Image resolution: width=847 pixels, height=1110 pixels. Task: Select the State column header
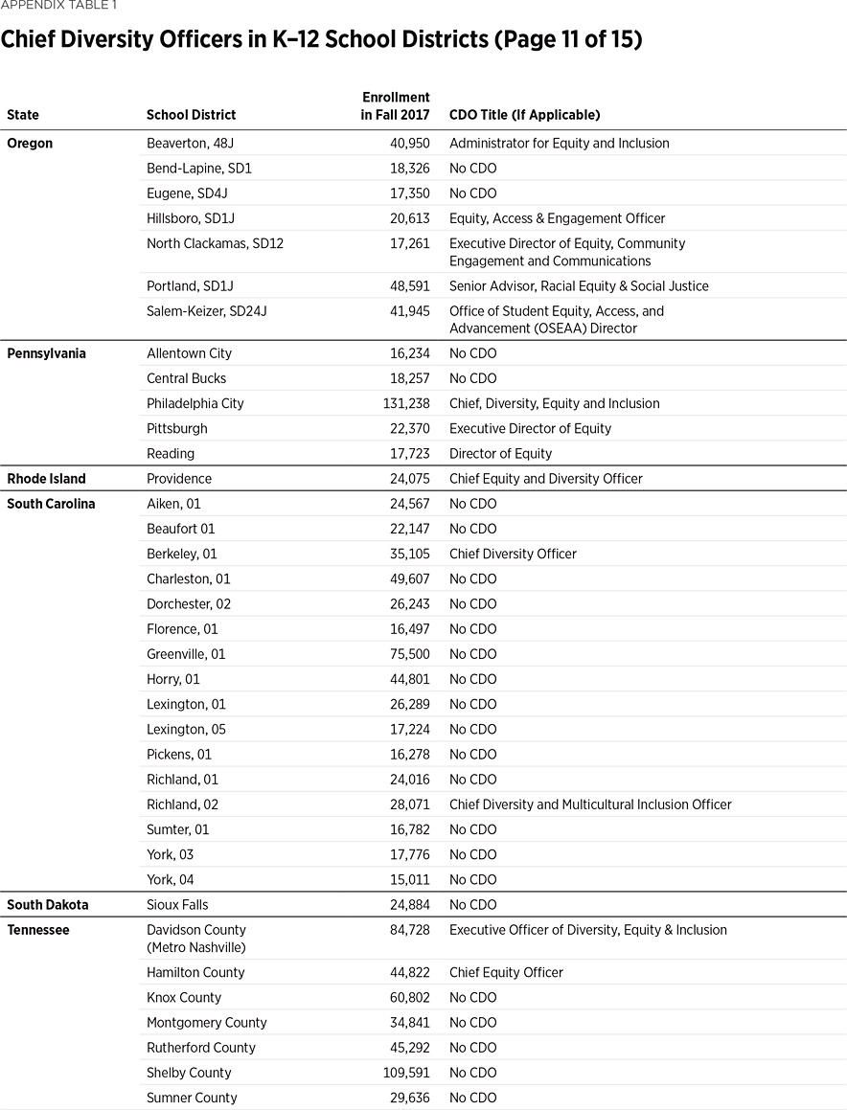(23, 115)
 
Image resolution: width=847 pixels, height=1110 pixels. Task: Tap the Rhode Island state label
(46, 478)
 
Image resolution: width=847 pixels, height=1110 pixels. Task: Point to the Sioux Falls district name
(177, 904)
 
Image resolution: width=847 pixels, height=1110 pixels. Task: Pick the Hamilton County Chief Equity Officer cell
(506, 972)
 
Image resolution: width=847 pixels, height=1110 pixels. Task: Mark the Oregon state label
(30, 143)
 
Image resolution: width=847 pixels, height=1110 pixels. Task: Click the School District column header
(191, 115)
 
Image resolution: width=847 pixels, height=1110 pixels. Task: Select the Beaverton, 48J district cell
(186, 143)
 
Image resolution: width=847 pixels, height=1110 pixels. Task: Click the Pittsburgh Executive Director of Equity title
(530, 428)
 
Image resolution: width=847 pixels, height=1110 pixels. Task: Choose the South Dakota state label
(48, 904)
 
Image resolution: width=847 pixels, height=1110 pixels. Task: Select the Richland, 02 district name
(182, 804)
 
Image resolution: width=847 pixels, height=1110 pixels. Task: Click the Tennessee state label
(38, 930)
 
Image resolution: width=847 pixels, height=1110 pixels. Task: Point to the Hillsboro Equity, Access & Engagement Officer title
(557, 218)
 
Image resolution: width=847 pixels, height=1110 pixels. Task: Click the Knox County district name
(184, 997)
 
